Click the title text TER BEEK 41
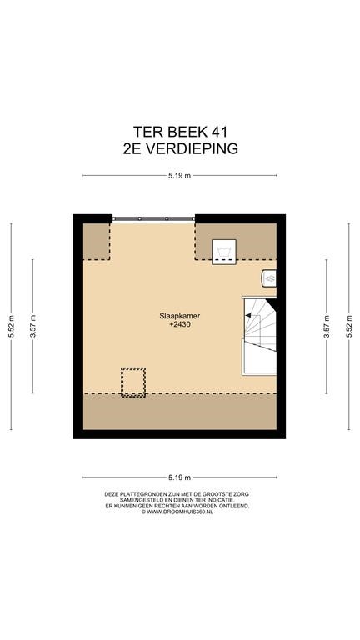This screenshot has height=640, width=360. click(180, 132)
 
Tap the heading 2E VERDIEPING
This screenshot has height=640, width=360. click(180, 148)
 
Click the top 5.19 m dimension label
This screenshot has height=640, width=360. click(180, 176)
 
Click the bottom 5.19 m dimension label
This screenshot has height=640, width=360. click(180, 477)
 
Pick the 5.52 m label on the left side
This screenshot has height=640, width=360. click(11, 326)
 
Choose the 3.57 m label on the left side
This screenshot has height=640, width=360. click(32, 326)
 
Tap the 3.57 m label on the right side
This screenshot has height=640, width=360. click(326, 326)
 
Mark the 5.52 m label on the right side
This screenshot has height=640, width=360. click(349, 326)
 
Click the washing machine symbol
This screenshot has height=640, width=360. click(224, 252)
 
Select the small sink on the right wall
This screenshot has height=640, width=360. click(269, 278)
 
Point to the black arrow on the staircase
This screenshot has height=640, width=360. click(247, 315)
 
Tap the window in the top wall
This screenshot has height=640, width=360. click(153, 219)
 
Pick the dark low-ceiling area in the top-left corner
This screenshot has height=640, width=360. click(97, 241)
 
